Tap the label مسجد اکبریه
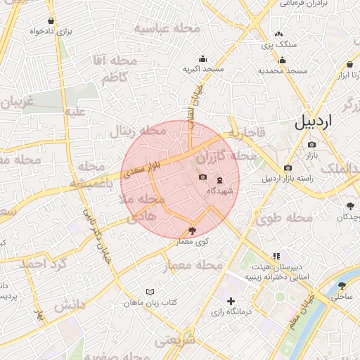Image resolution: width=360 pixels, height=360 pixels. pyautogui.click(x=203, y=70)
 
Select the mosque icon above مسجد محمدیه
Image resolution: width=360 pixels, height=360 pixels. pyautogui.click(x=282, y=60)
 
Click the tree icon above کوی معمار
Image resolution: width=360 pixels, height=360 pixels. pyautogui.click(x=193, y=231)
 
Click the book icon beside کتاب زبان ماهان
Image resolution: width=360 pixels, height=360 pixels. pyautogui.click(x=149, y=292)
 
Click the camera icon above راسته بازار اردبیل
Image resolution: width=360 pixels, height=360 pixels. pyautogui.click(x=288, y=167)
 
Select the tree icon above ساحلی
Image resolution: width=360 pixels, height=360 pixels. pyautogui.click(x=342, y=285)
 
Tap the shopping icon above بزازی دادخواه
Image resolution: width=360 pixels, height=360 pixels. pyautogui.click(x=51, y=21)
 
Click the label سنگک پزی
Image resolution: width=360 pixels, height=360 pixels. pyautogui.click(x=279, y=44)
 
